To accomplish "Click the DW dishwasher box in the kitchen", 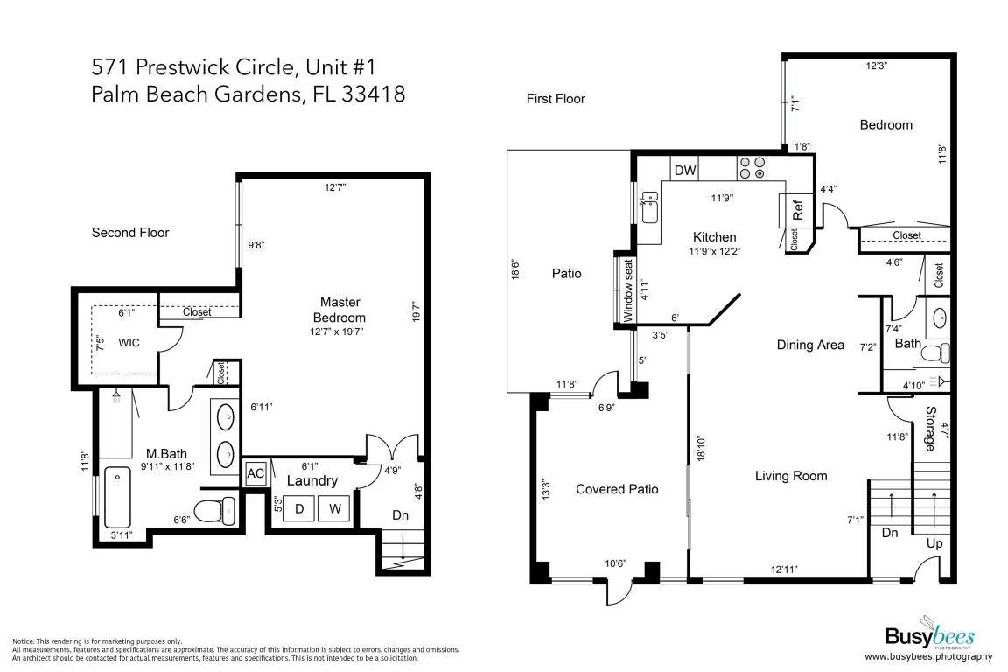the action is [685, 171].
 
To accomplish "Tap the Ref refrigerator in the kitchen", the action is [797, 211].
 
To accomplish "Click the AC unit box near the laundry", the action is [255, 473].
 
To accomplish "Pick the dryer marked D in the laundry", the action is [299, 509].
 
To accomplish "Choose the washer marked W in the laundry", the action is [334, 509].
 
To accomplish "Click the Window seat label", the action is [627, 290].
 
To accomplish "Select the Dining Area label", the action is [810, 345].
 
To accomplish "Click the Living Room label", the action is [791, 476].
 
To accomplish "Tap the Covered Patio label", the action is [617, 489].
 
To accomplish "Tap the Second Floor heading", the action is [130, 233].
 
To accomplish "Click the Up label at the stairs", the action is [934, 543].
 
